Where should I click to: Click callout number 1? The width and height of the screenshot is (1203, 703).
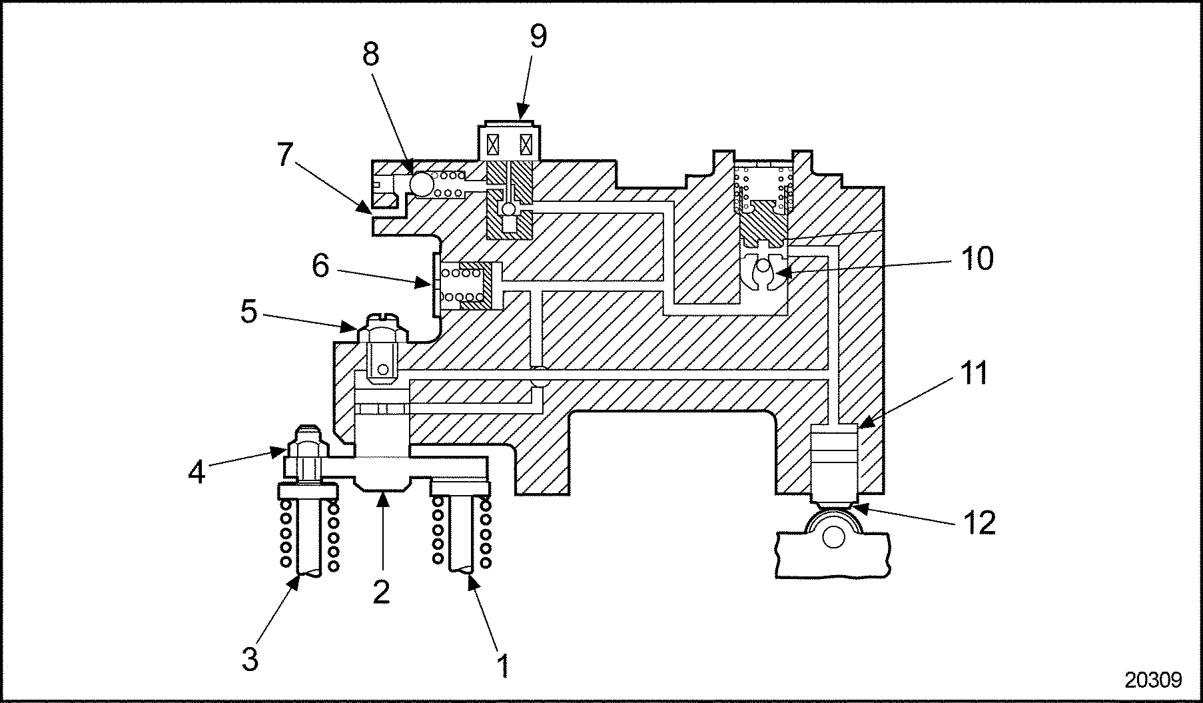coord(504,665)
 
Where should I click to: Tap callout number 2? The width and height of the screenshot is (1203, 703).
coord(381,590)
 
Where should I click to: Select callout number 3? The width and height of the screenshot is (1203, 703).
coord(250,660)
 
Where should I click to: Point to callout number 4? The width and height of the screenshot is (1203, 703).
coord(197,472)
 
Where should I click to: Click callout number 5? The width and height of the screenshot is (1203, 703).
coord(248,311)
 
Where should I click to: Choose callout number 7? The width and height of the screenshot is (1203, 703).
coord(284,155)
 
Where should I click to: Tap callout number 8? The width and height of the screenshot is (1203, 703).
coord(370,55)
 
